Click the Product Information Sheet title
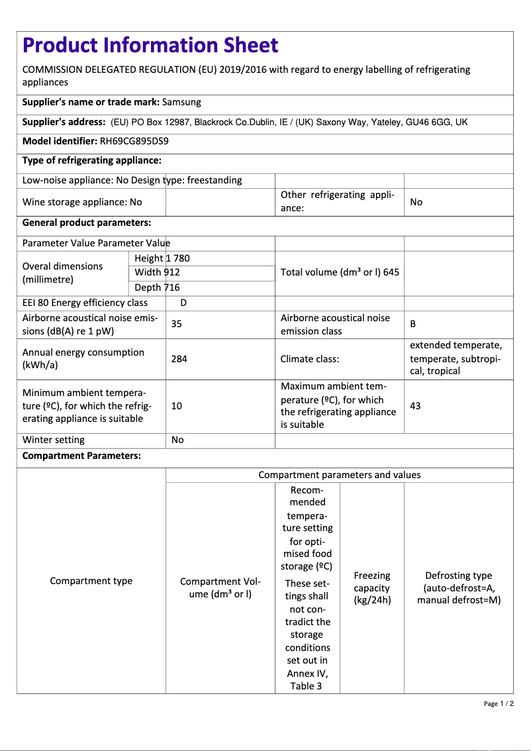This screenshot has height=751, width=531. tap(150, 45)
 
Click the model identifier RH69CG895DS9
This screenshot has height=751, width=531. tap(134, 141)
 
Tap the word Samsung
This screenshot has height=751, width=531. tap(181, 102)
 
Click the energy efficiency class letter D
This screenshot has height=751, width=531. tap(183, 303)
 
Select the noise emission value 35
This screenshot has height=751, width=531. tap(177, 324)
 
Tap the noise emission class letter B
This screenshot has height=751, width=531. tap(413, 324)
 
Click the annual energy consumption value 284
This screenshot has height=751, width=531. tap(179, 358)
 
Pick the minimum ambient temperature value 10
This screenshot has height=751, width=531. tap(177, 405)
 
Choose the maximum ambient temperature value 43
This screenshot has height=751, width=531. tap(415, 405)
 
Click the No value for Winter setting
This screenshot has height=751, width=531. tap(177, 440)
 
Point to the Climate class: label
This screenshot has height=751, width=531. tap(310, 358)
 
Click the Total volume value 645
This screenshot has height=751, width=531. tap(391, 272)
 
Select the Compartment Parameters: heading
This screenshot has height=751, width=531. tap(81, 456)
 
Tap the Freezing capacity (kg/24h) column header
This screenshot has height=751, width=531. tap(372, 588)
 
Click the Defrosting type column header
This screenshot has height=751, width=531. tap(458, 588)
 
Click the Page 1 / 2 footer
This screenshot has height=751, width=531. tap(499, 703)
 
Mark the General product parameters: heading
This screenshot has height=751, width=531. tap(87, 223)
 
